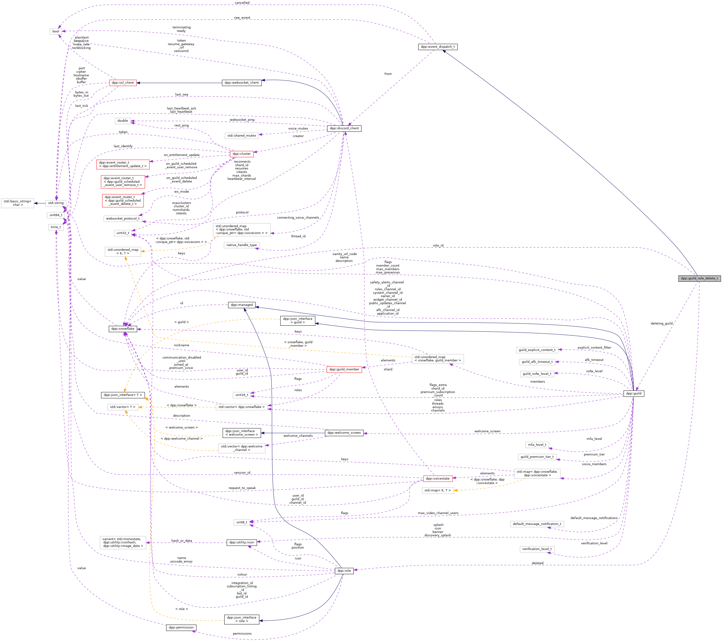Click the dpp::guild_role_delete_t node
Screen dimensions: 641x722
(x=699, y=278)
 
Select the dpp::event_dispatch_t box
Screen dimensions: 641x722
(x=438, y=47)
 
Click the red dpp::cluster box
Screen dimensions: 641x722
(x=242, y=154)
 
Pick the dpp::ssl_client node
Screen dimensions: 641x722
(x=123, y=82)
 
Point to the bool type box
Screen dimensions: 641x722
(x=56, y=31)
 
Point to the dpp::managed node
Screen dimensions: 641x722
(x=242, y=305)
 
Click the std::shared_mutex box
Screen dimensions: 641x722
(x=242, y=135)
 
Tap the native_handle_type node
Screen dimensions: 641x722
(x=242, y=245)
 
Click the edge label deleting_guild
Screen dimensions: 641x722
(x=661, y=323)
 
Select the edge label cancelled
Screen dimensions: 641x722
(x=242, y=3)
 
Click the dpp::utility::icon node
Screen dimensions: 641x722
(x=242, y=542)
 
